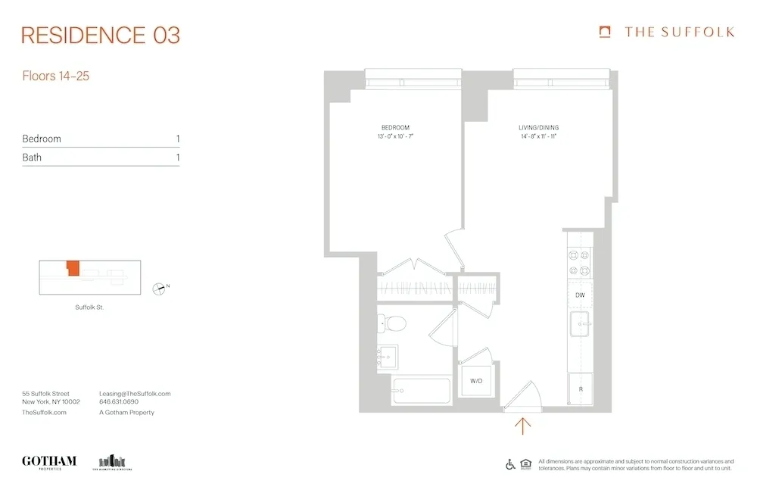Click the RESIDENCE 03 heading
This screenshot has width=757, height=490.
coord(101,35)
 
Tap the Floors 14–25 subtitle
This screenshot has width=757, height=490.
coord(56,76)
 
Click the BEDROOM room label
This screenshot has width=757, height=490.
coord(395,127)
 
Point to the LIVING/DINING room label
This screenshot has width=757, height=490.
coord(539,127)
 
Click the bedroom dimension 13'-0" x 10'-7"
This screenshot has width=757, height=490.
coord(395,137)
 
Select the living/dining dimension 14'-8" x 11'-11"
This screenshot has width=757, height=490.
coord(539,137)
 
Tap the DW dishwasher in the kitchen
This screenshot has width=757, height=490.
coord(580,295)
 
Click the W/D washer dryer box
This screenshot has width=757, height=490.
coord(477,381)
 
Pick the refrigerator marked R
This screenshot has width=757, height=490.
coord(580,389)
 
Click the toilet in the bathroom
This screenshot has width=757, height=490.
coord(393,323)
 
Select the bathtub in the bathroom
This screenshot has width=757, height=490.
coord(420,391)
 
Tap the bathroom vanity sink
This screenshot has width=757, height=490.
coord(388,356)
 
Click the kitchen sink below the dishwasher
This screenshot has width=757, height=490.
coord(581,324)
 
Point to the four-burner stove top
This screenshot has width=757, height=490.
coord(580,263)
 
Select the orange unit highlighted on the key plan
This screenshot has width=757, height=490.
coord(73,268)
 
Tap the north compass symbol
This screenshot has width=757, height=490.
coord(158,288)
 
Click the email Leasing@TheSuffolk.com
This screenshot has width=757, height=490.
coord(135,394)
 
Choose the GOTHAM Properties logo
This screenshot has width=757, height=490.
coord(49,461)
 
